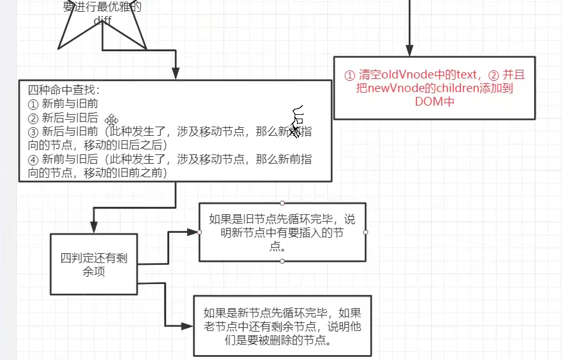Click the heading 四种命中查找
pos(59,90)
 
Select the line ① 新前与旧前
pos(63,104)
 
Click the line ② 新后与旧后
pos(63,118)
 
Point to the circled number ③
pos(33,132)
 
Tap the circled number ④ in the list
pos(33,159)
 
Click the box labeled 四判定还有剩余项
pos(93,264)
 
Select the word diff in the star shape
pos(103,20)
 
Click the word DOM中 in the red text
pos(435,102)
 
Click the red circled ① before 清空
pos(350,75)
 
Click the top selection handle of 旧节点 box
pos(282,203)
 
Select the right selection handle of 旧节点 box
pos(366,232)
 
